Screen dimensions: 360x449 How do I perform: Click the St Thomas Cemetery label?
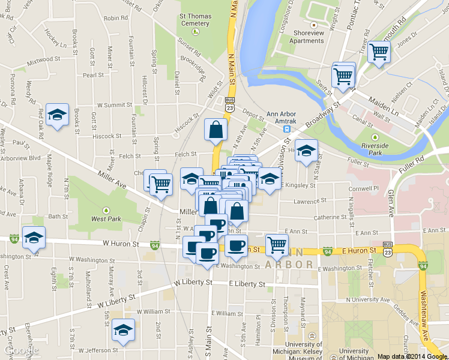coord(194,19)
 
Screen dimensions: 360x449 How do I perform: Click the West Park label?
coord(106,219)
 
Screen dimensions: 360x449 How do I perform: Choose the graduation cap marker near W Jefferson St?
coord(124,329)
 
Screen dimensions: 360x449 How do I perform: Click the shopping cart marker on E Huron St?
coord(277,244)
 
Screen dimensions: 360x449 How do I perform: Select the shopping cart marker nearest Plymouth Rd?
coord(379,52)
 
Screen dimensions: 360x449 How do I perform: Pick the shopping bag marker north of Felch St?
coord(216,129)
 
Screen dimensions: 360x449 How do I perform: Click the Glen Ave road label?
coord(391,204)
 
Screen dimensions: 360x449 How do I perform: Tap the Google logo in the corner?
coord(19,350)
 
